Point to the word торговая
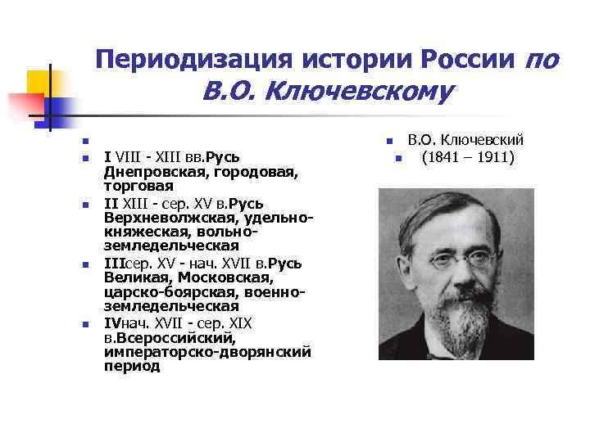click(x=133, y=187)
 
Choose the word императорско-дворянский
click(x=208, y=353)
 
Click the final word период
click(x=132, y=368)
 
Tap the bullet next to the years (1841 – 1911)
click(x=396, y=158)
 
